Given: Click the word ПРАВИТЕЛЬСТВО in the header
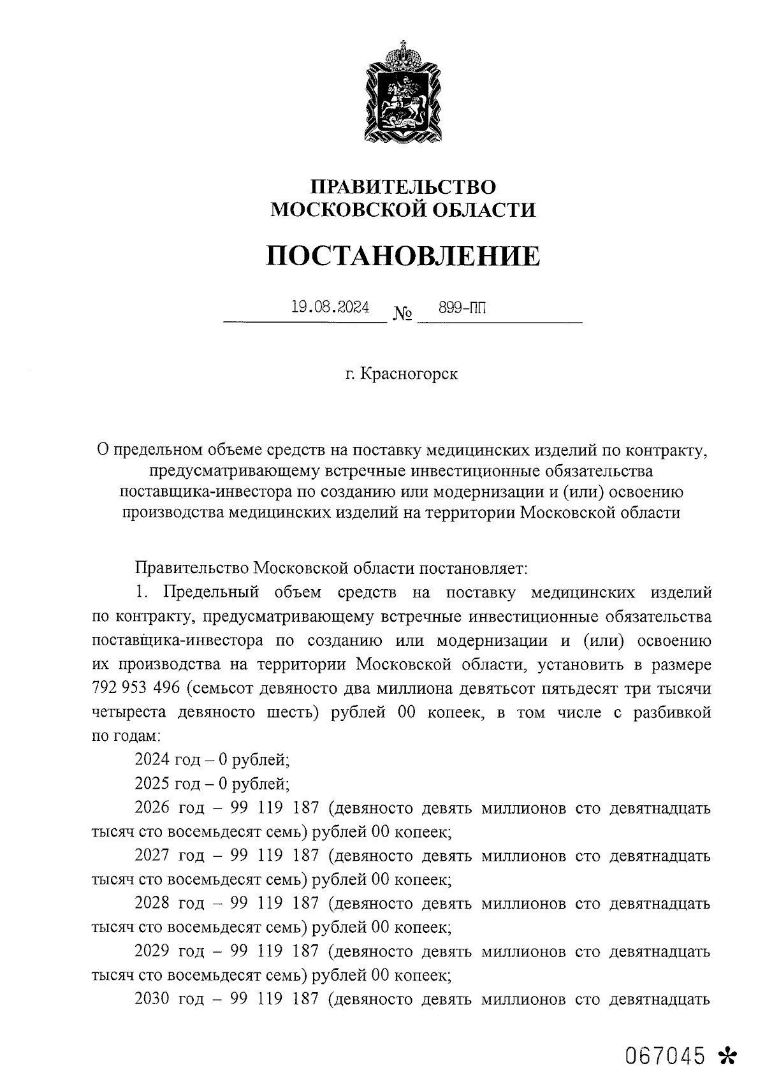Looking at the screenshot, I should [403, 187].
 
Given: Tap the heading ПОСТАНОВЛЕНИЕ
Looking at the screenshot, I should [403, 256].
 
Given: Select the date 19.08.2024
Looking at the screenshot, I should [330, 307].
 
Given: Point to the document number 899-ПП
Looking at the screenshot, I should [462, 308].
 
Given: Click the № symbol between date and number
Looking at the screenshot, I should [402, 314].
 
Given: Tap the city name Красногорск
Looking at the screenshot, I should [409, 374].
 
